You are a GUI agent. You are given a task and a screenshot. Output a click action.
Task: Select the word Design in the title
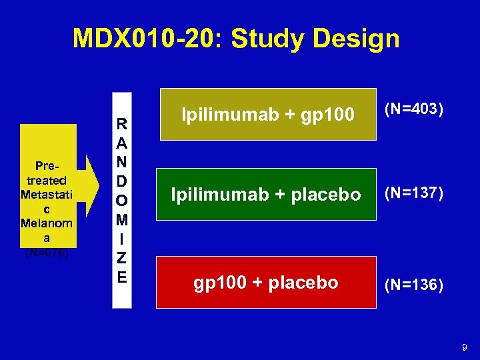[358, 39]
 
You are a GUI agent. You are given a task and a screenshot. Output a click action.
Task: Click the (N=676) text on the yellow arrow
[47, 253]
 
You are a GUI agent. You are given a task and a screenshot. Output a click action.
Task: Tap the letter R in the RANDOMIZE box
[122, 124]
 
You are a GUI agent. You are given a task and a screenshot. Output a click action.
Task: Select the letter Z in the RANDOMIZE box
[122, 258]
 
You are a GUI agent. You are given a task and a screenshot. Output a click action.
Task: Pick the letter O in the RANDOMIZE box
[122, 201]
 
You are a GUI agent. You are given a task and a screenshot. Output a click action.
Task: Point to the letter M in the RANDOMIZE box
[122, 219]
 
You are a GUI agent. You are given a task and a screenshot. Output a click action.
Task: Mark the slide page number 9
[465, 347]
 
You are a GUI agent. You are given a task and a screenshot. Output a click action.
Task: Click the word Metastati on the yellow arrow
[46, 195]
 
